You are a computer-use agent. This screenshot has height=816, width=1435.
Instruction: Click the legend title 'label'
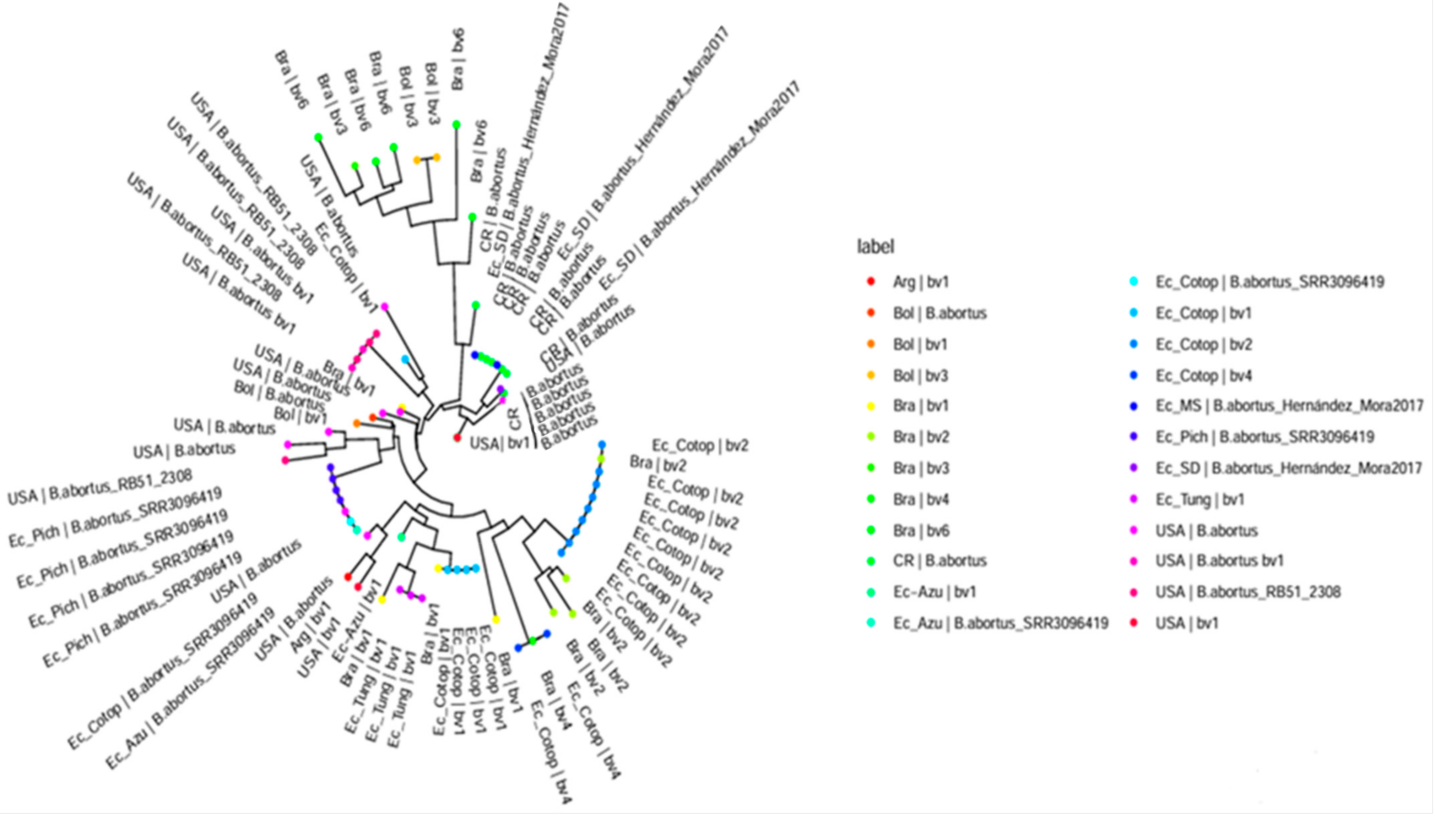pos(875,247)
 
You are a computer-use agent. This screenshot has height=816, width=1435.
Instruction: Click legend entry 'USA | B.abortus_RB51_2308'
pos(1248,592)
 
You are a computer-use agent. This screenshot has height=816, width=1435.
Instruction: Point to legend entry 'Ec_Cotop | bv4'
pos(1203,376)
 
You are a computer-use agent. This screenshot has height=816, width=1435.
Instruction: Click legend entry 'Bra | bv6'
pos(921,530)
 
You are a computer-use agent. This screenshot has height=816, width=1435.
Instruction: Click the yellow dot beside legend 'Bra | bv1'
pos(871,406)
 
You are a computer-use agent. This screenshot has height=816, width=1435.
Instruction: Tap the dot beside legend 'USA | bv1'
pos(1133,623)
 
